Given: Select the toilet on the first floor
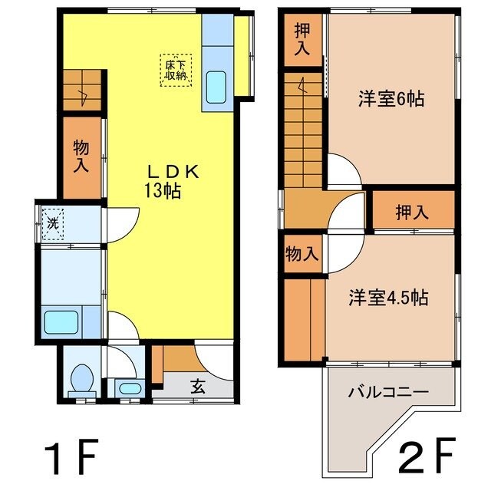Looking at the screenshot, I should click(x=81, y=377).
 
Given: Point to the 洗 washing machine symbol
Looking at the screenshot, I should click(x=53, y=223).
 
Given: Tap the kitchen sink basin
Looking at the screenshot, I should click(x=217, y=87).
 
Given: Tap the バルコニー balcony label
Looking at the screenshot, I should click(x=388, y=392).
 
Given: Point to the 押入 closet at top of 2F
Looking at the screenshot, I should click(x=302, y=40).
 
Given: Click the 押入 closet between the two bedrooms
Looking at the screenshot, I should click(x=413, y=213).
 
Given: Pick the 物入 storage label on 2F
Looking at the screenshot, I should click(x=302, y=253).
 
